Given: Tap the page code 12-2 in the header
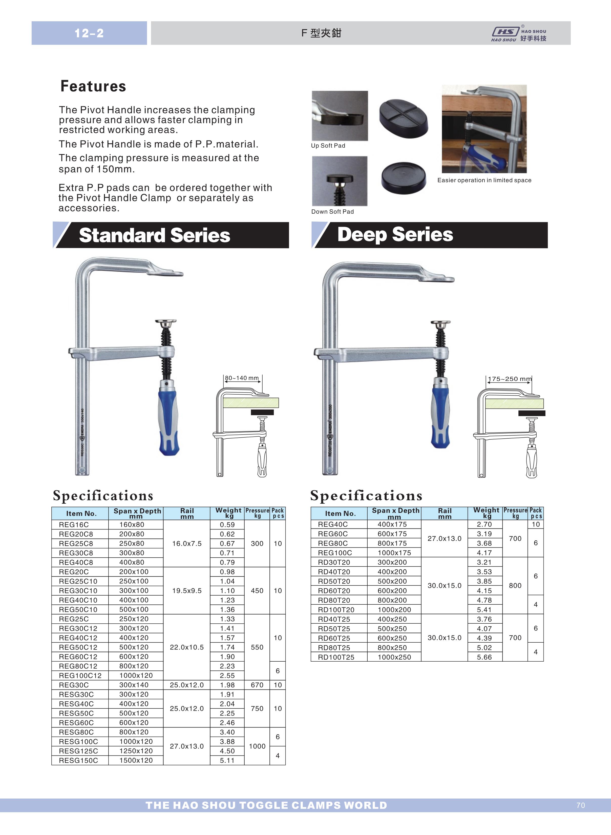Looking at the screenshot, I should coord(89,33).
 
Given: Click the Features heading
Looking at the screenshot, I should coord(93,86).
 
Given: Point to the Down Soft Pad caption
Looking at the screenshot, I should coord(332,212).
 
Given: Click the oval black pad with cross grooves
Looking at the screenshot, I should coord(404,118).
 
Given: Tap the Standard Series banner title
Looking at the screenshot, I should coord(155,235).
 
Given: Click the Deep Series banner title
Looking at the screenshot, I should coord(395,235).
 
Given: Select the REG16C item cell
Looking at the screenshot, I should coord(74,525).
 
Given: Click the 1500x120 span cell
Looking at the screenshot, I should coord(136,760).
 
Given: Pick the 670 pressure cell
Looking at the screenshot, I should coord(257,685).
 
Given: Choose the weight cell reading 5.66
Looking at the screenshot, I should coord(484,657).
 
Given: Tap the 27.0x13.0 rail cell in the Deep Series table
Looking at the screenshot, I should coord(445,538).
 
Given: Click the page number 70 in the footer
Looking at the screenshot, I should coord(580,805).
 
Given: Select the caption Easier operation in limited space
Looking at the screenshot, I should coord(484,180).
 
